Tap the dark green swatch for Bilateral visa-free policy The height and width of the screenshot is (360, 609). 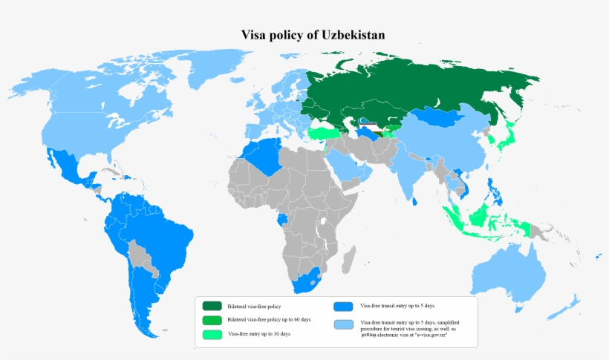tap(212, 306)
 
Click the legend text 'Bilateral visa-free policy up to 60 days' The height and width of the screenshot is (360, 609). tap(269, 320)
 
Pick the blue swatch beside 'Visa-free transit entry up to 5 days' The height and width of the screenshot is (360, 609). tap(343, 306)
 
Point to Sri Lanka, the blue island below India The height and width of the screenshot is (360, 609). tap(416, 200)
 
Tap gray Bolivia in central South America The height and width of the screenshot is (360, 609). tap(137, 252)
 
